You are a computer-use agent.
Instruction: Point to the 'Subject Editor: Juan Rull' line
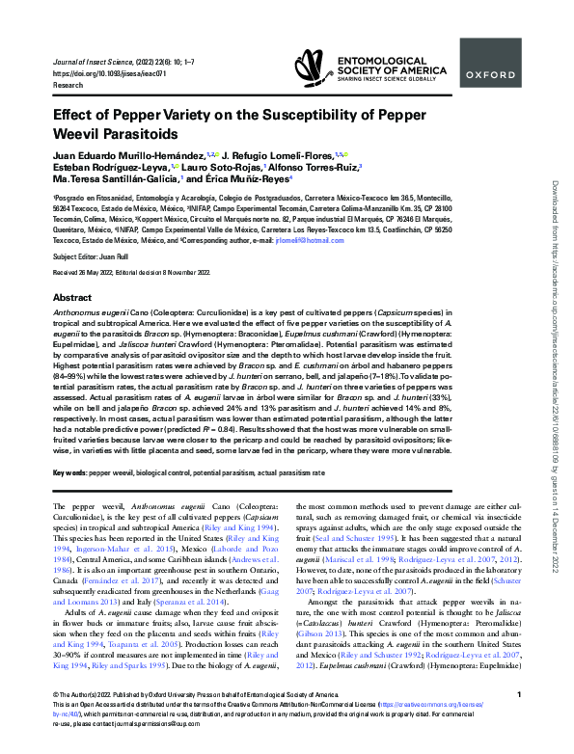[x=89, y=257]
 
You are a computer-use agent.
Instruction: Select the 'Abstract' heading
[x=72, y=299]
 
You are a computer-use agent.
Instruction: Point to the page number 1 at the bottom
[x=519, y=721]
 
